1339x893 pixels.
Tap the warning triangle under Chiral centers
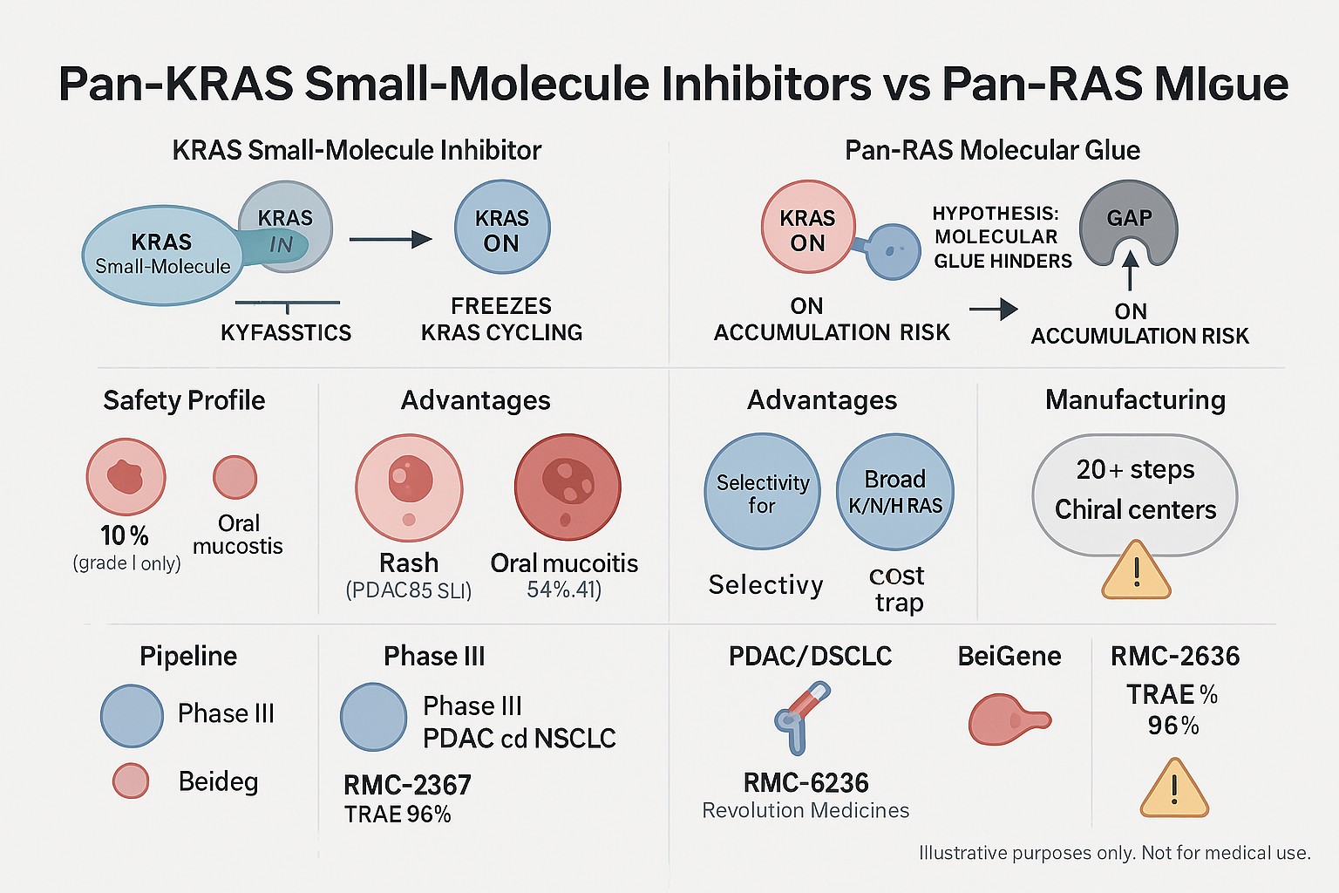1136,571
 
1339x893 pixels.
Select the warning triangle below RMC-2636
1174,789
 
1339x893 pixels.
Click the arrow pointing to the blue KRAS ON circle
391,240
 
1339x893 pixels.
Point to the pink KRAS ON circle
807,228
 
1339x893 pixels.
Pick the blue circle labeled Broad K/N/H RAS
895,492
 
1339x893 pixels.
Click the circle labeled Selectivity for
762,492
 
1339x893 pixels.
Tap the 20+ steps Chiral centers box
1134,495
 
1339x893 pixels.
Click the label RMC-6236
805,782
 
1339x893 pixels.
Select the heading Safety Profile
184,400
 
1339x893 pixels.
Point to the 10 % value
125,535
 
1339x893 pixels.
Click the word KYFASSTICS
286,332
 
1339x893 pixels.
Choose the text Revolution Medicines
805,810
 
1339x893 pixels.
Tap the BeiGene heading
1009,656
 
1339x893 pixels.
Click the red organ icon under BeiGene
1009,719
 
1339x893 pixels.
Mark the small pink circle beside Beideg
131,781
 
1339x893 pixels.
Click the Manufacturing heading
1135,399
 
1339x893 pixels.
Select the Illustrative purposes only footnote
1114,852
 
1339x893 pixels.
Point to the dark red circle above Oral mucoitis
568,487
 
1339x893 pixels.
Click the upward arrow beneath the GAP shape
1129,271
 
